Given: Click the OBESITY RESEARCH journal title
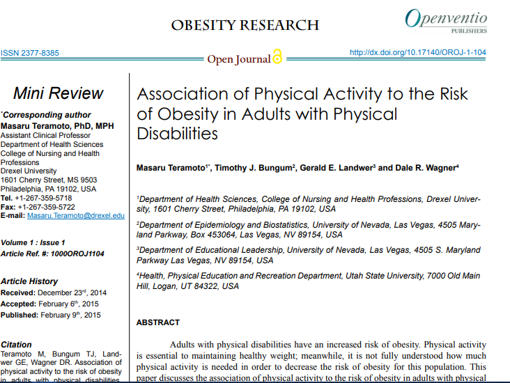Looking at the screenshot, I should (245, 26).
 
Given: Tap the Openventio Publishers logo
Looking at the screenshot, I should (446, 21).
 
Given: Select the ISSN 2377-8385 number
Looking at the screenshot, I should (30, 53).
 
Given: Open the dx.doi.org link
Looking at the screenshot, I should (417, 52).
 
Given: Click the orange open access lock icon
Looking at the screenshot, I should (277, 58).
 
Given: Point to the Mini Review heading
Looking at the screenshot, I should (58, 94).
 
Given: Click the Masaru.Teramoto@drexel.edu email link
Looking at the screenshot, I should (76, 216).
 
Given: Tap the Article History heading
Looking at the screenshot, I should (29, 281).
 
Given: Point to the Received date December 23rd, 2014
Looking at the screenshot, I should (71, 292).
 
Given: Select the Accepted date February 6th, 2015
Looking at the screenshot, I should (70, 304).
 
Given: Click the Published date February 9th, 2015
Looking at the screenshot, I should (70, 315).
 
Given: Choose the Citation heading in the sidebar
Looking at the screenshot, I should (17, 345).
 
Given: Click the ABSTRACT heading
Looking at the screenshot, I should (157, 322).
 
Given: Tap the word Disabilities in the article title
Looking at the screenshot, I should (178, 133).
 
